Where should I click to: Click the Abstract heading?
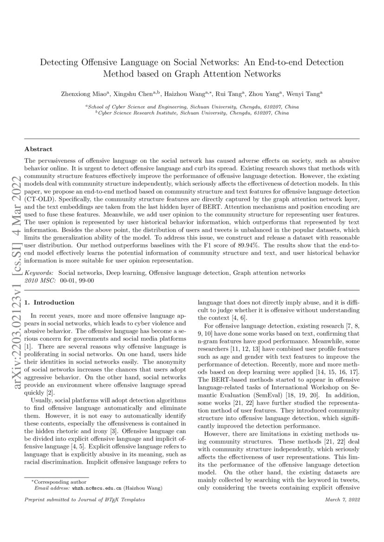[x=38, y=149]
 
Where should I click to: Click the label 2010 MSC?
[x=40, y=281]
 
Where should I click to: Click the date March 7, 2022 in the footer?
[x=343, y=499]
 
